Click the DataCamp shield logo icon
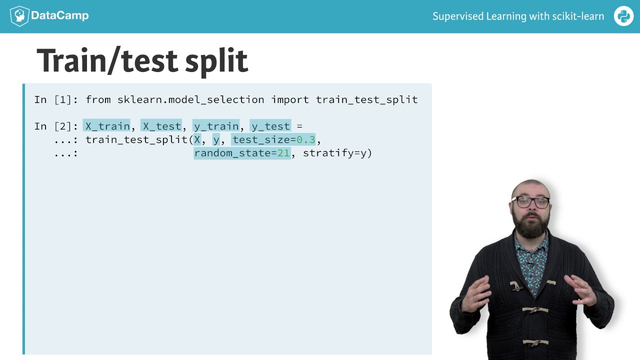[x=19, y=16]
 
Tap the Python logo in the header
[x=623, y=16]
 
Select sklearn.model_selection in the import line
[x=190, y=99]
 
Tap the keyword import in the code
[x=290, y=99]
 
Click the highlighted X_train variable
[x=107, y=126]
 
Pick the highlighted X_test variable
[x=161, y=126]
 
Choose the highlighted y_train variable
[x=216, y=126]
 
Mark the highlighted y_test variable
[x=270, y=126]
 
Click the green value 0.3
[x=306, y=139]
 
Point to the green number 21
[x=283, y=153]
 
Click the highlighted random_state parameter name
[x=232, y=153]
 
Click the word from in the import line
[x=98, y=99]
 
